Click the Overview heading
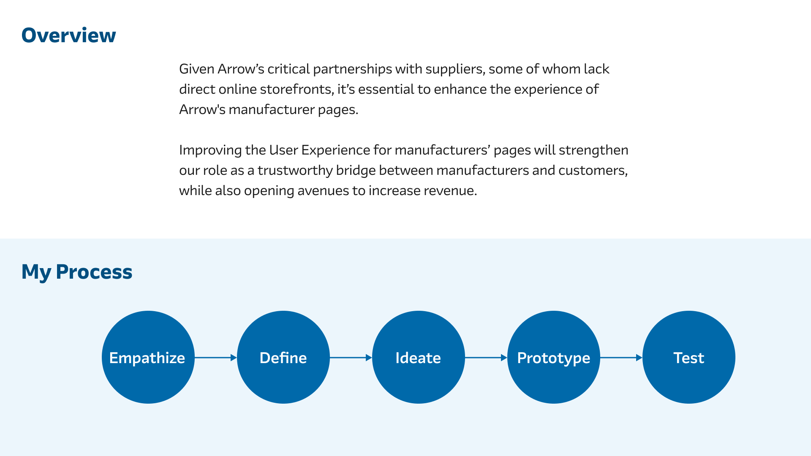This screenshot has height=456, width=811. point(68,35)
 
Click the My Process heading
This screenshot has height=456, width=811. point(77,272)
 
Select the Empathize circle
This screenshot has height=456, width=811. point(148,357)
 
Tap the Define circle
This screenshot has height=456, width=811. point(283,357)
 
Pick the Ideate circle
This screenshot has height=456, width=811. point(419,357)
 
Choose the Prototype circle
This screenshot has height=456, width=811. point(554,357)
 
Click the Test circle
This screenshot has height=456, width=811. point(689,357)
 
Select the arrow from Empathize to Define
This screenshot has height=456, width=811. point(216,358)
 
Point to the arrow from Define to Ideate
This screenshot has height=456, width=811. point(351,358)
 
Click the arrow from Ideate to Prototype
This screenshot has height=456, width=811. point(486,358)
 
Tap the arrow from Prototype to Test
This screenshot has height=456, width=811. point(621,358)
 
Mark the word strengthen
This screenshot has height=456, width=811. point(593,150)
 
